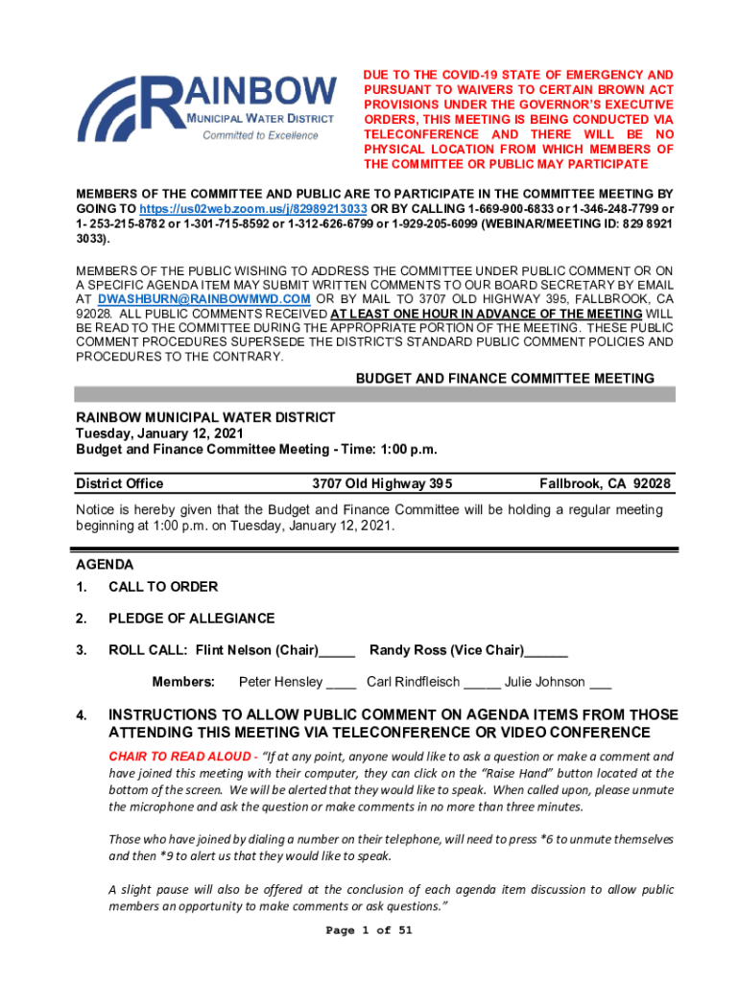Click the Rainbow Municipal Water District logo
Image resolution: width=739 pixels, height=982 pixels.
[205, 105]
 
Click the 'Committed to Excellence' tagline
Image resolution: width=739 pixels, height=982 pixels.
[260, 135]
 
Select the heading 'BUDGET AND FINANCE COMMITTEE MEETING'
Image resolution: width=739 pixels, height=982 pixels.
[505, 379]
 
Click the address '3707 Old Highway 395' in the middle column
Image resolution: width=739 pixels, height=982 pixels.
[382, 483]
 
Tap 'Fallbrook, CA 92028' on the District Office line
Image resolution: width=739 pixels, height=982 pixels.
[605, 483]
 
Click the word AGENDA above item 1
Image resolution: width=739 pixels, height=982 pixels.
[105, 565]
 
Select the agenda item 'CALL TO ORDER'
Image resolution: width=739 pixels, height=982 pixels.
[163, 587]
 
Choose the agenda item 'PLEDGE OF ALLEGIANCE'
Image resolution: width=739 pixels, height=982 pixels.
[191, 619]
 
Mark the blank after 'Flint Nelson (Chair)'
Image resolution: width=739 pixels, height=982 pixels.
[337, 652]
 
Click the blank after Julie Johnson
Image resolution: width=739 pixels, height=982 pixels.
[600, 684]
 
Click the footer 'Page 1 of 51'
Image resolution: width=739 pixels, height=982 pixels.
[369, 930]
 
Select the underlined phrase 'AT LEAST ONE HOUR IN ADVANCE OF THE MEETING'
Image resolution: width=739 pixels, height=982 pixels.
[486, 314]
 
